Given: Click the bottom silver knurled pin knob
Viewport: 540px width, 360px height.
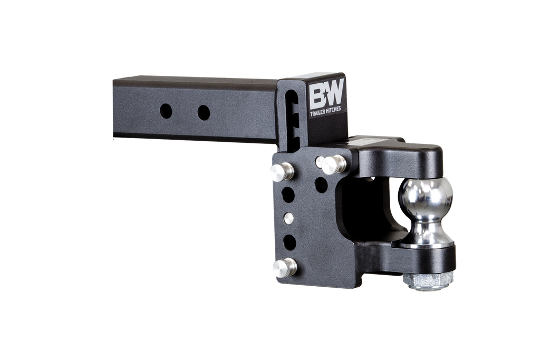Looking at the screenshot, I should tap(284, 267).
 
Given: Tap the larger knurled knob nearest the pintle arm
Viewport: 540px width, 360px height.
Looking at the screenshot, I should tap(334, 165).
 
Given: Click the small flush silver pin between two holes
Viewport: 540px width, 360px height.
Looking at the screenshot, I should tap(287, 217).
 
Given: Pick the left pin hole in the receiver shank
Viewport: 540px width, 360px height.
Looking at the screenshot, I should tap(166, 111).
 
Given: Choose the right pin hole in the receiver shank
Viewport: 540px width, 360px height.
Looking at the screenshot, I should tap(204, 112).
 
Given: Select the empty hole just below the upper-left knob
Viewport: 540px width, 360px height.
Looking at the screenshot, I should tap(287, 194).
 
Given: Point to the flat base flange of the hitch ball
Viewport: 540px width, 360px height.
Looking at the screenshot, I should tap(425, 243).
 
